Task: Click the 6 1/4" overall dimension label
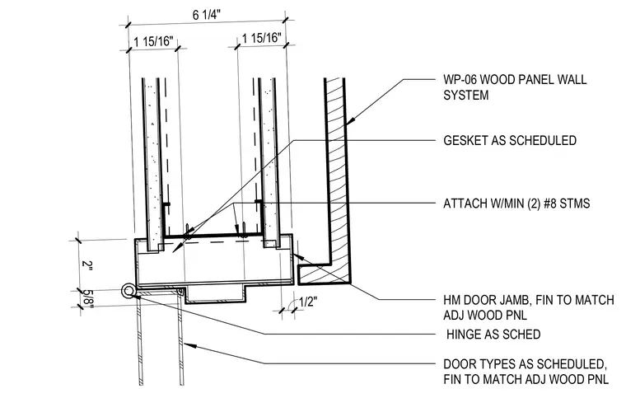click(x=207, y=15)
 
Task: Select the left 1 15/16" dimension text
click(x=154, y=41)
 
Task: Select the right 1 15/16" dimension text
click(x=261, y=38)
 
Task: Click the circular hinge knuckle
click(x=128, y=291)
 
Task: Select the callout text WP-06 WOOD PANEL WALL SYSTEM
click(x=515, y=87)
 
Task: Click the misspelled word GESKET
click(x=465, y=141)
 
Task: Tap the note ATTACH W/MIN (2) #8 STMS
click(x=516, y=204)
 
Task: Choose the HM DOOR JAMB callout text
click(x=529, y=307)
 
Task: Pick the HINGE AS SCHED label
click(x=493, y=335)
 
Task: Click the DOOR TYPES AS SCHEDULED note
click(x=526, y=372)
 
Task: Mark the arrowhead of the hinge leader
click(x=137, y=296)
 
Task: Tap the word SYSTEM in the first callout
click(x=466, y=96)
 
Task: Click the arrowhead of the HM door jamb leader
click(x=298, y=256)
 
